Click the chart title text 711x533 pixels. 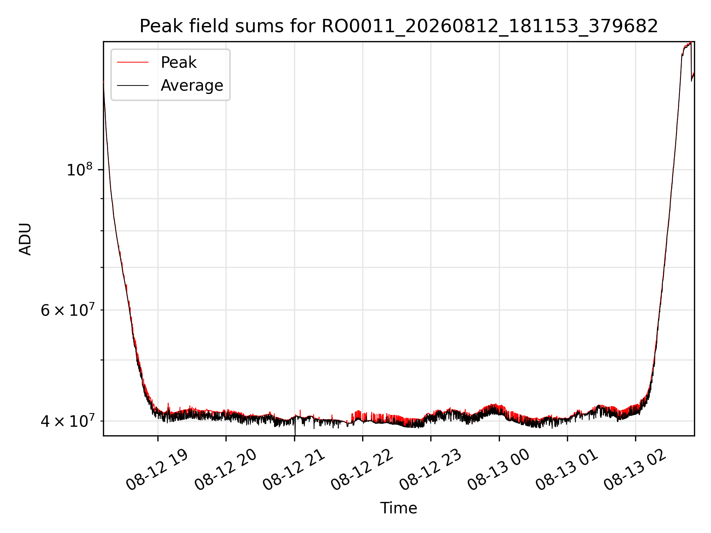pos(399,27)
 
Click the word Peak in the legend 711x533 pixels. pos(178,63)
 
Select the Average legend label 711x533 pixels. pos(192,86)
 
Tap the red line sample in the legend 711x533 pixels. pos(133,63)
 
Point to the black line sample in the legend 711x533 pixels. pos(133,86)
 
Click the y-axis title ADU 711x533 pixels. pos(25,239)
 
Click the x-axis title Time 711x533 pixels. pos(398,508)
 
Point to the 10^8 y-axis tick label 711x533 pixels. pos(79,170)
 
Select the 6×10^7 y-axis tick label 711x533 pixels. pos(67,310)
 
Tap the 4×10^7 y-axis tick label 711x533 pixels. pos(67,421)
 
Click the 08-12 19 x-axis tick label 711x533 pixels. pos(157,470)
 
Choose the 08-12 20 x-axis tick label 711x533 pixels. pos(226,470)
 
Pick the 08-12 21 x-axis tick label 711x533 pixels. pos(294,470)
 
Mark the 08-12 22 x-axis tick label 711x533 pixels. pos(362,470)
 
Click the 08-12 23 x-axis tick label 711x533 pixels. pos(430,470)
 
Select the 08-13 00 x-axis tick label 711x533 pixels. pos(499,470)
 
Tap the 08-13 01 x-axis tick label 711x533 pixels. pos(567,470)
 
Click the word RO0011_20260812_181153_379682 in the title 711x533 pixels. pos(490,27)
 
